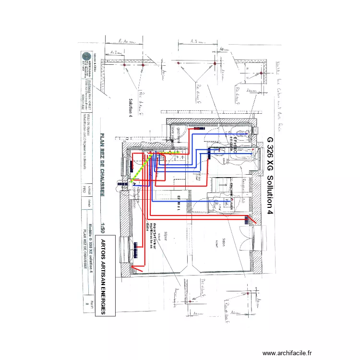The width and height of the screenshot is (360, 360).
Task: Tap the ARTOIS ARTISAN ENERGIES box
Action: click(x=103, y=276)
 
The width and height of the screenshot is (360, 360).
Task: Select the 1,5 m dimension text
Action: click(x=197, y=42)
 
